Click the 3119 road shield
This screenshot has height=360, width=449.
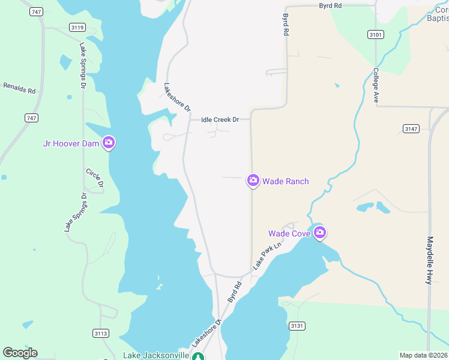(x=77, y=27)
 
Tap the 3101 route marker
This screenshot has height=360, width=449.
(x=376, y=35)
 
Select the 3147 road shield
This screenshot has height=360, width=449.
(x=411, y=128)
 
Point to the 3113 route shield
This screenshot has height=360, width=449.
(x=101, y=333)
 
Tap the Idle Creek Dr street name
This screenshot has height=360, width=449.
(x=220, y=120)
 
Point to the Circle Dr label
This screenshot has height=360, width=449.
(x=95, y=178)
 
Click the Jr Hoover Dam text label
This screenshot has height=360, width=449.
(x=71, y=143)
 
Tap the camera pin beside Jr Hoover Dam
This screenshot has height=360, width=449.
(x=109, y=143)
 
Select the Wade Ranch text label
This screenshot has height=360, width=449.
(x=286, y=181)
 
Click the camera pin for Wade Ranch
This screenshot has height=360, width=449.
(x=253, y=180)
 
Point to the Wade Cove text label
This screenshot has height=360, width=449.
(x=289, y=233)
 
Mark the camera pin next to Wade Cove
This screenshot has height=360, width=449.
(x=320, y=232)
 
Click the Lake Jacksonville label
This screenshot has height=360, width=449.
(x=157, y=355)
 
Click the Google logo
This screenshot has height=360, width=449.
(x=20, y=353)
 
